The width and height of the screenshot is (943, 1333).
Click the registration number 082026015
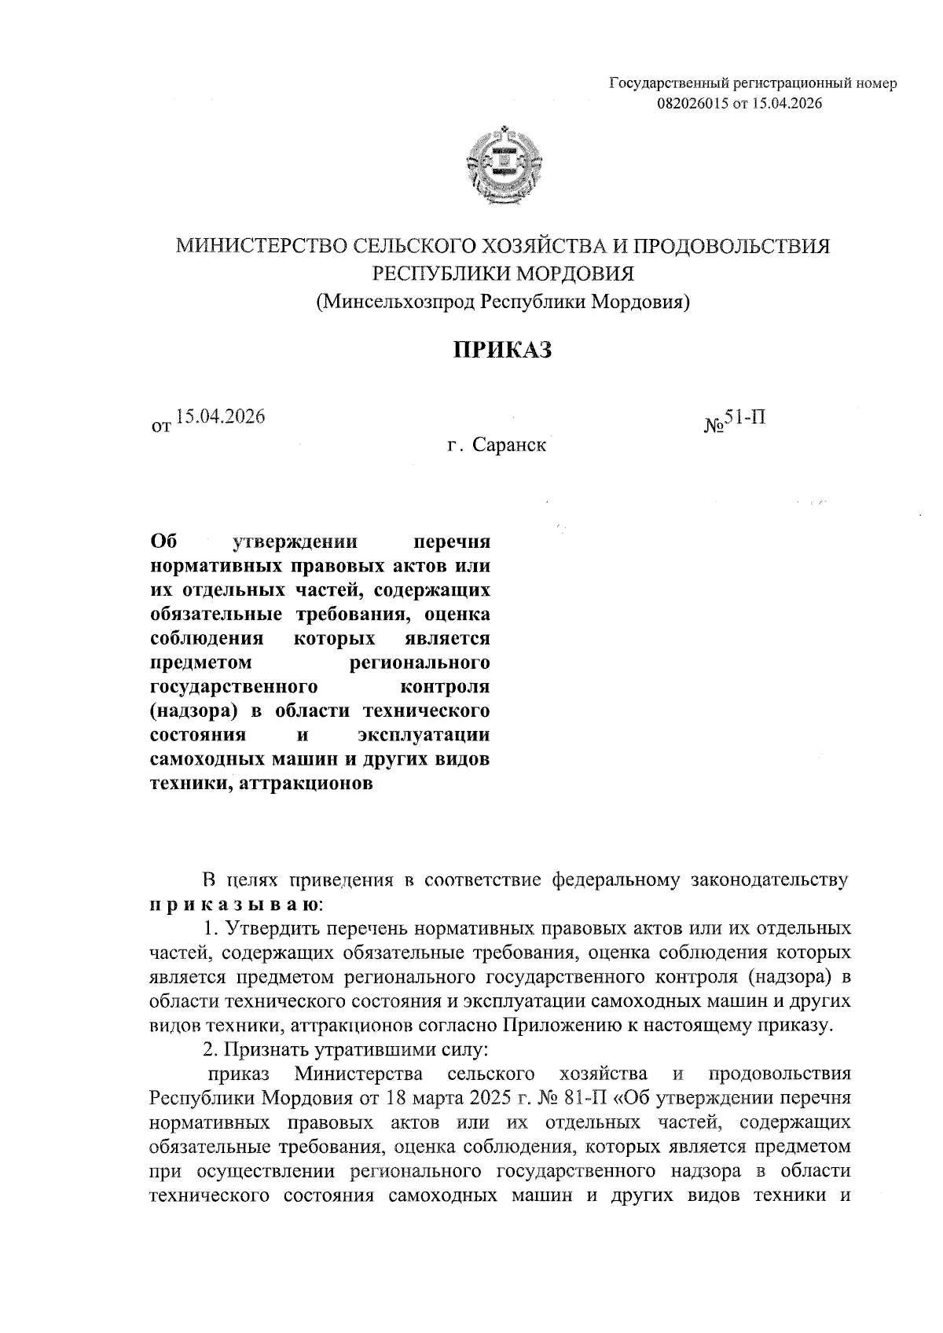692,103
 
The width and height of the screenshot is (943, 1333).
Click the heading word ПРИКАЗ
501,350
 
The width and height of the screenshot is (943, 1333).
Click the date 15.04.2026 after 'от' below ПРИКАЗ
220,417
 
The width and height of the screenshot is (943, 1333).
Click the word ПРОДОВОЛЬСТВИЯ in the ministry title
731,247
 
